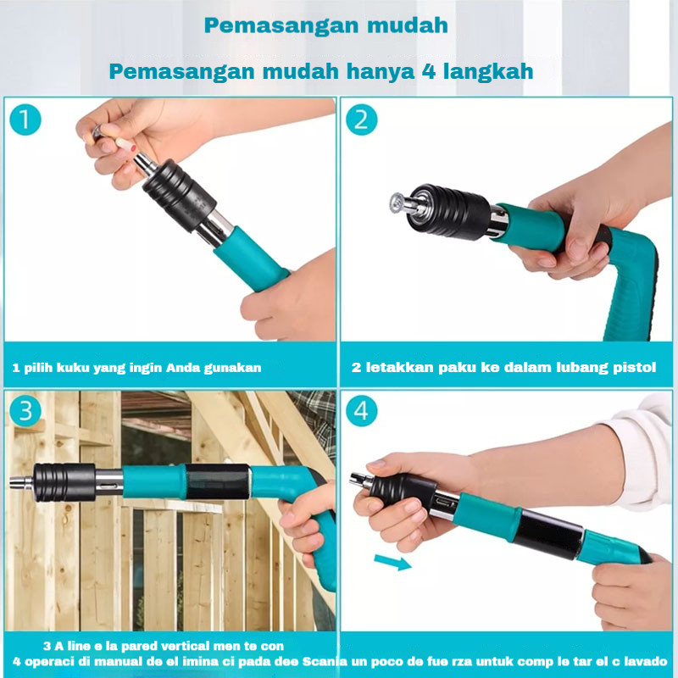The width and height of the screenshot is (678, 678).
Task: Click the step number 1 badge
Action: click(25, 119)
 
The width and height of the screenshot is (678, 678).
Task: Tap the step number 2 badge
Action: click(362, 119)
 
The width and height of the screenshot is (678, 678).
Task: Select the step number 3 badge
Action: click(25, 411)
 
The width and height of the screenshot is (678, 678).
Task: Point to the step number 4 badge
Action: click(362, 411)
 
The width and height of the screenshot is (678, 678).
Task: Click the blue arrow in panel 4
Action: click(392, 561)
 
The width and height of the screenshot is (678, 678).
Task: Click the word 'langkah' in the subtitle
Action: click(490, 70)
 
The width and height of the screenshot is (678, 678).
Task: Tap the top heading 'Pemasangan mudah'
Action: click(325, 25)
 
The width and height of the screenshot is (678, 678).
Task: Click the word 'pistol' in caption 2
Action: click(634, 368)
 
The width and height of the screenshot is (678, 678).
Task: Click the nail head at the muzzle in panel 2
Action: click(396, 203)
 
